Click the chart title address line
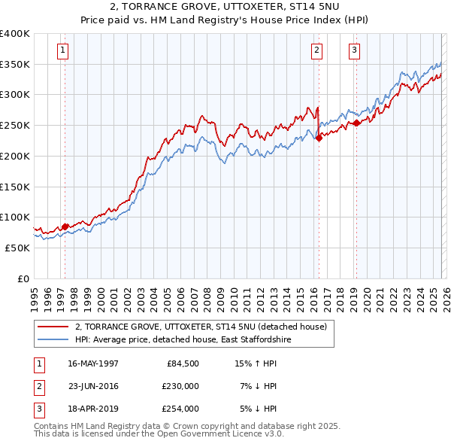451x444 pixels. point(225,7)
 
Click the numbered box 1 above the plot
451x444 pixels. point(61,50)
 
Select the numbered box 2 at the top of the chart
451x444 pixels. point(316,50)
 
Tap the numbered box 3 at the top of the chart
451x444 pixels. point(354,50)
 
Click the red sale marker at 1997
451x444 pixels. point(65,226)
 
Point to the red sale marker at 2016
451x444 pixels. point(319,137)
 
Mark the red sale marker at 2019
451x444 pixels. point(356,123)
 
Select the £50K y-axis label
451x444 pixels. point(17,248)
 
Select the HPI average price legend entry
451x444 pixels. point(182,340)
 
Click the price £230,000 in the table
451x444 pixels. point(180,386)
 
